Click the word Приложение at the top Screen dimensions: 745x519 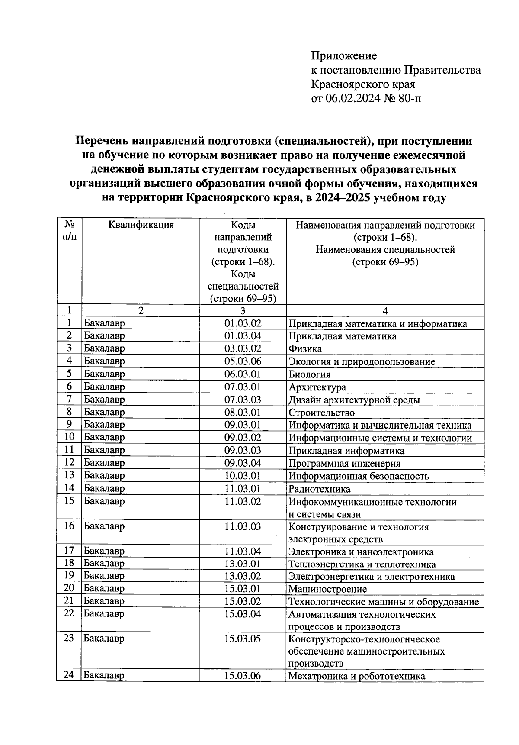[x=344, y=56]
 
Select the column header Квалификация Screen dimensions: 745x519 [x=141, y=225]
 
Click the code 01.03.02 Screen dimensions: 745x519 [x=243, y=323]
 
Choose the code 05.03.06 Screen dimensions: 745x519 [x=243, y=361]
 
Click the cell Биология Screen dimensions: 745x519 [x=309, y=374]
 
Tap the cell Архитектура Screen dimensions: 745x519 [x=317, y=387]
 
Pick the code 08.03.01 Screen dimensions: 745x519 [x=243, y=413]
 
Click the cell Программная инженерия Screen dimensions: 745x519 [x=344, y=464]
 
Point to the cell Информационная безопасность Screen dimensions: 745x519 [x=359, y=476]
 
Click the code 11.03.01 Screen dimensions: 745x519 [x=243, y=489]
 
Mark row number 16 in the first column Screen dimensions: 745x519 [x=69, y=526]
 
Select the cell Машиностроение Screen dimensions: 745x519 [x=327, y=589]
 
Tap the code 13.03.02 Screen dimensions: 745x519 [x=243, y=576]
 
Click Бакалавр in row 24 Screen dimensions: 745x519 [x=104, y=676]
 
